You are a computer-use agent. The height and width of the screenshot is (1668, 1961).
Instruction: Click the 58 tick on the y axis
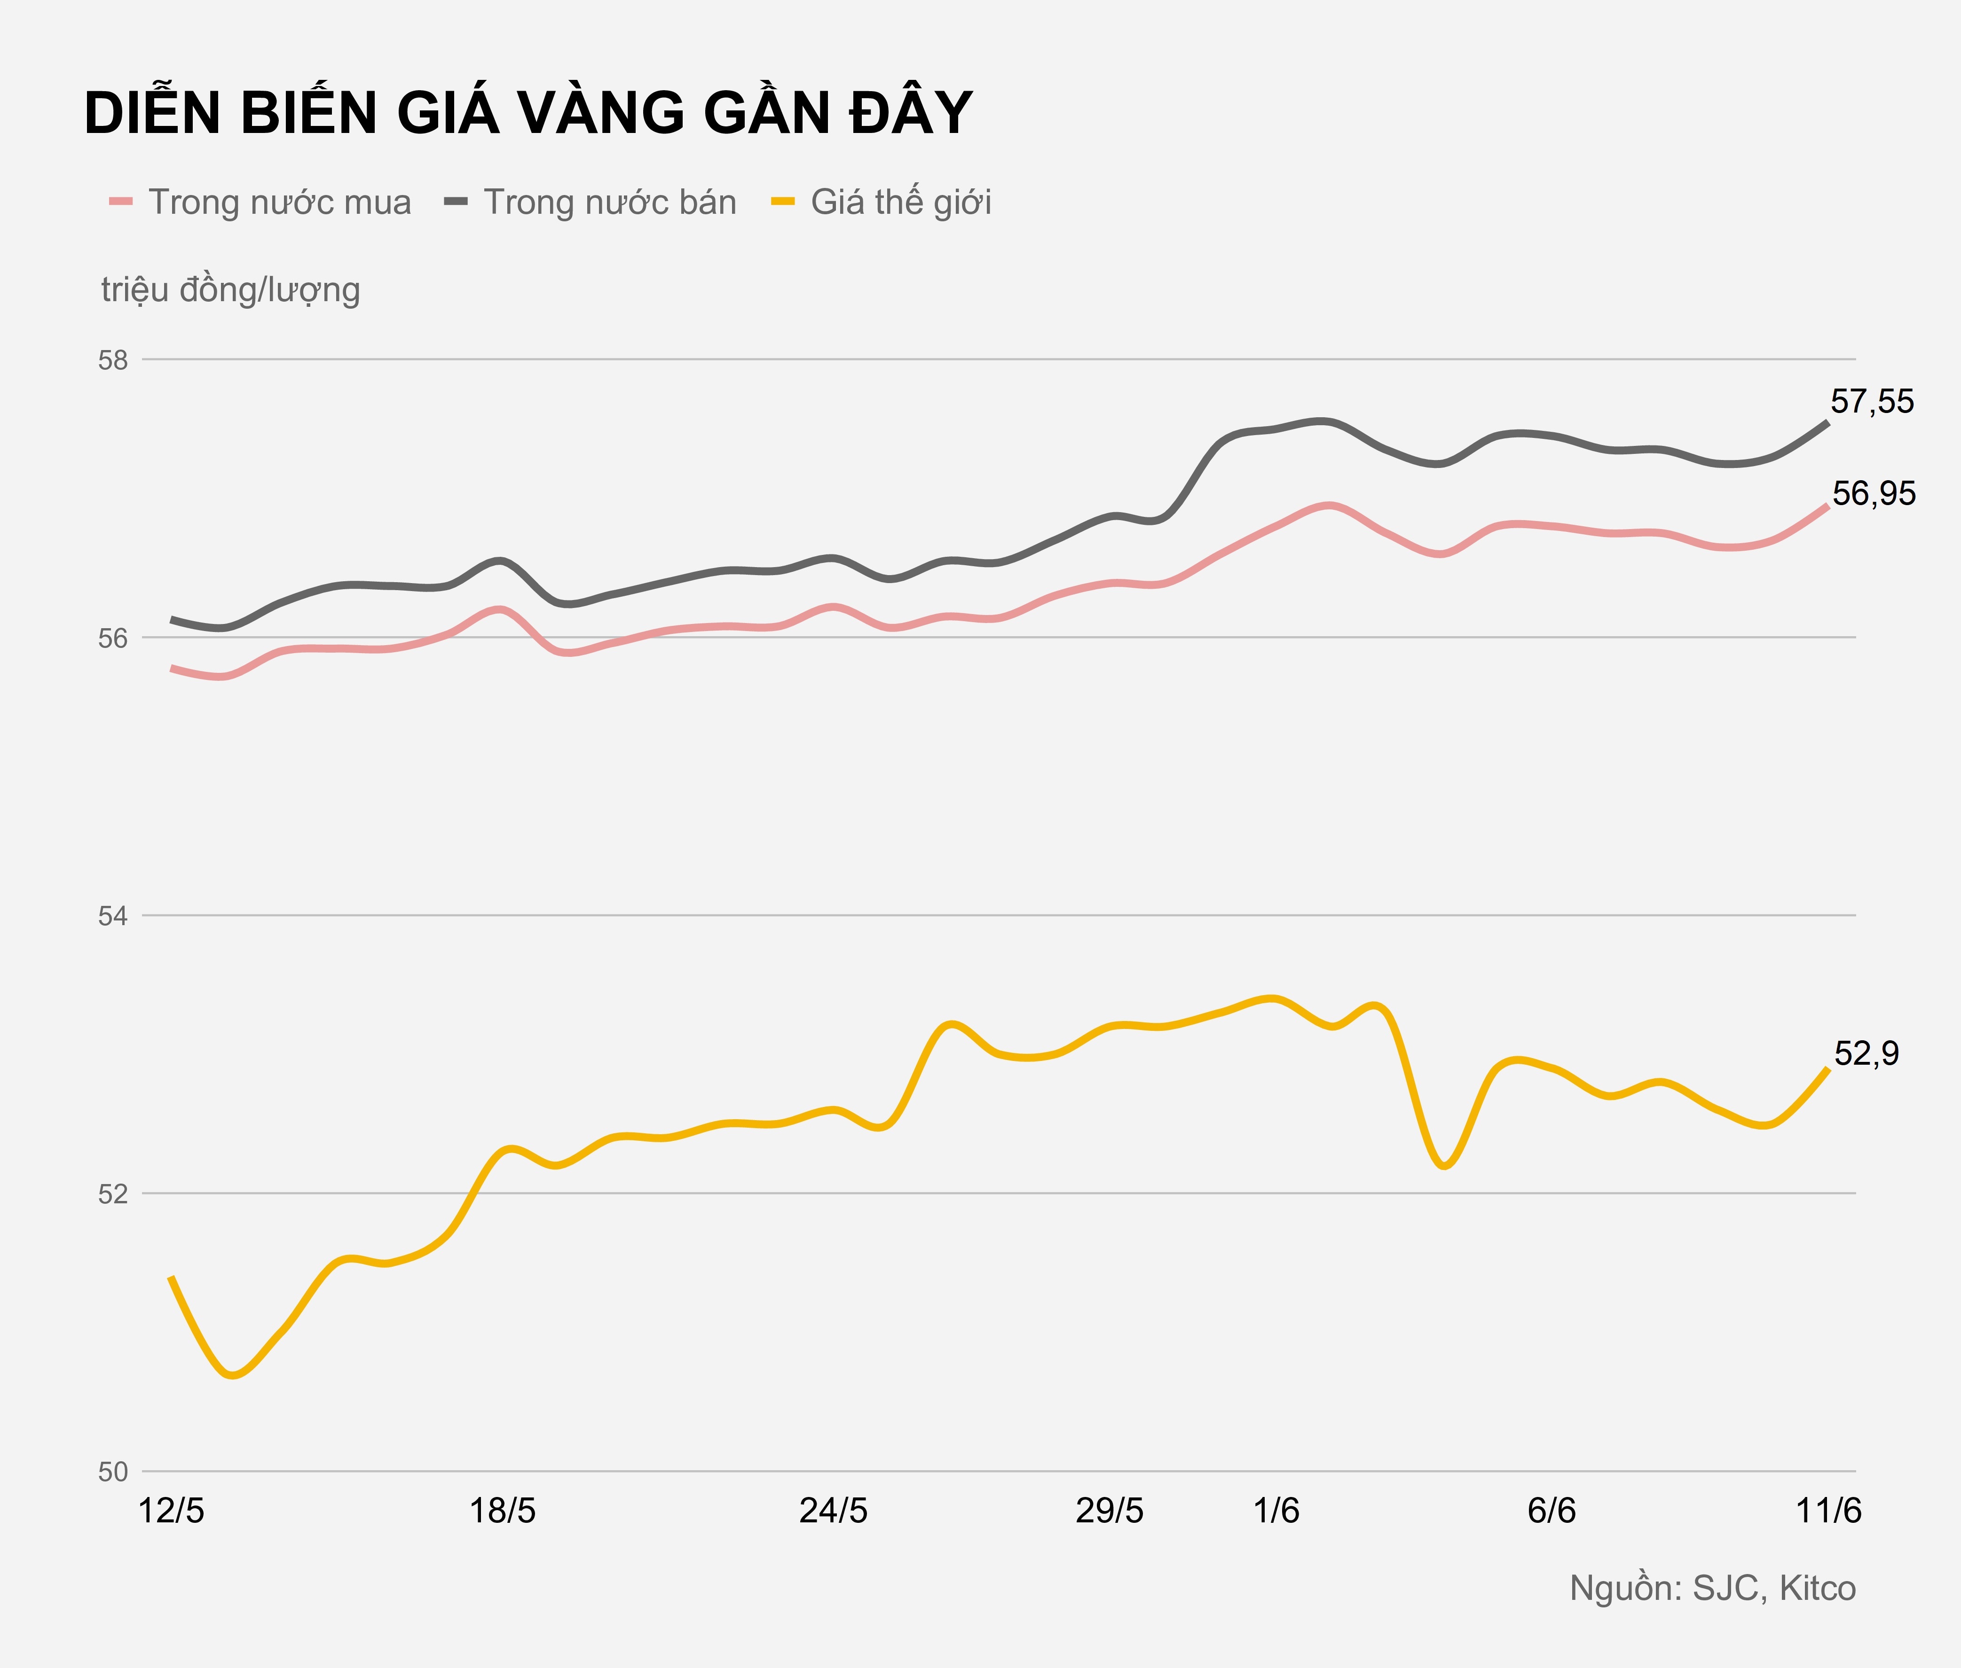pyautogui.click(x=112, y=360)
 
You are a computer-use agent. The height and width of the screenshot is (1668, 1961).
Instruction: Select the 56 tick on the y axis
pyautogui.click(x=112, y=638)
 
